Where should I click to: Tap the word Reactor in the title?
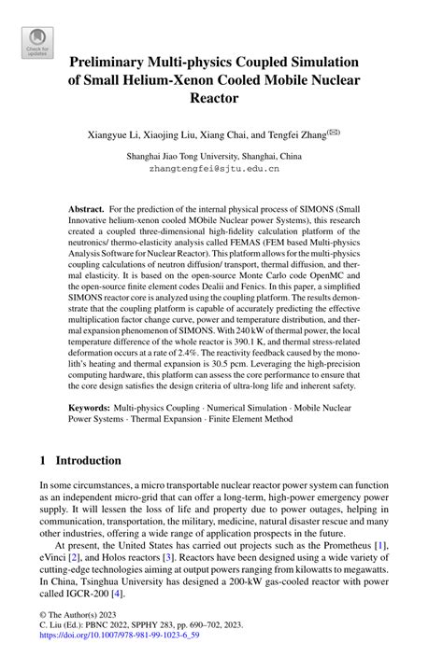(221, 97)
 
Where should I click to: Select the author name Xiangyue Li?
(126, 135)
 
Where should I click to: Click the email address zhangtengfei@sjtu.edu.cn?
(221, 170)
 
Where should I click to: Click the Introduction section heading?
(89, 461)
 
